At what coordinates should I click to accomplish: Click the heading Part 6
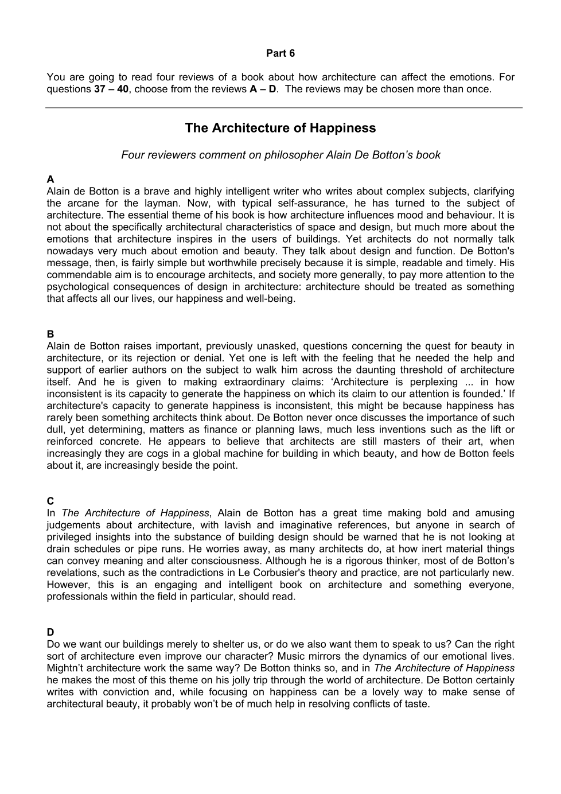pyautogui.click(x=280, y=53)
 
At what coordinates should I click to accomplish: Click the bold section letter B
pyautogui.click(x=50, y=334)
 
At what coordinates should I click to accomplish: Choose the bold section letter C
pyautogui.click(x=50, y=501)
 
